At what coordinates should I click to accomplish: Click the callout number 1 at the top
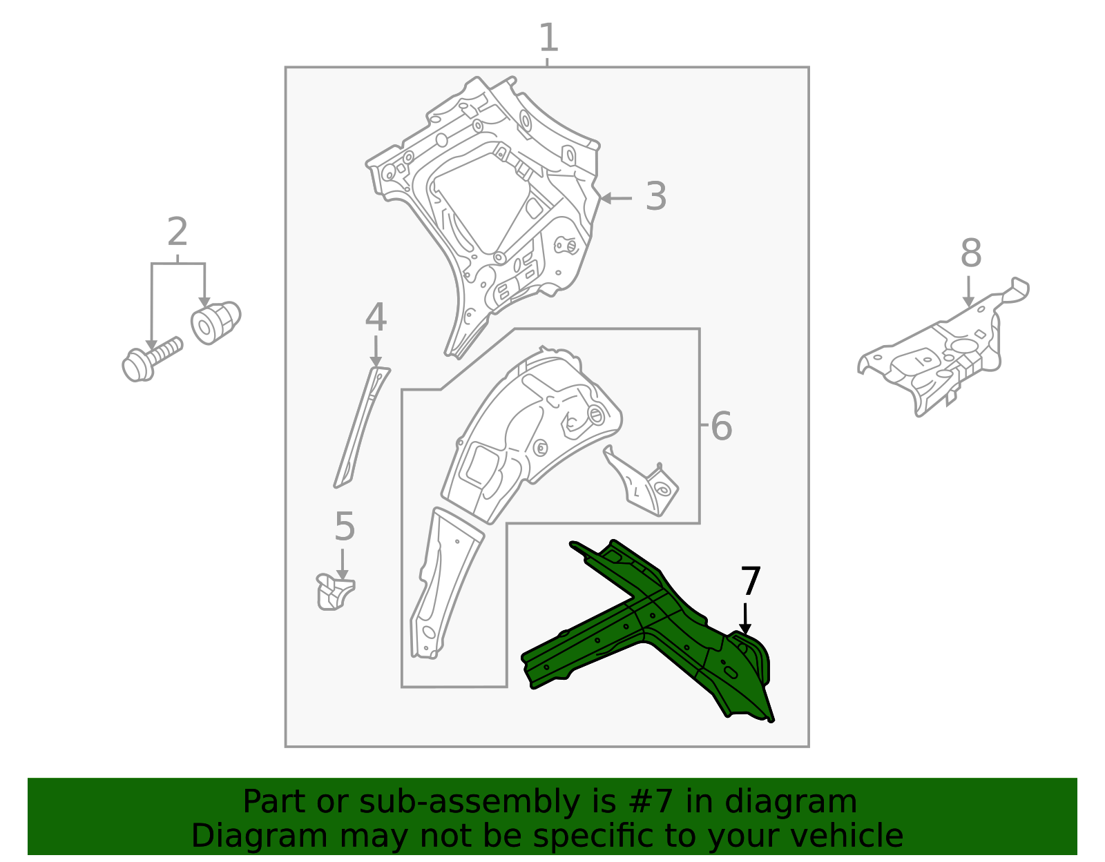coord(548,38)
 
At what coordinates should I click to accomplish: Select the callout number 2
coord(177,233)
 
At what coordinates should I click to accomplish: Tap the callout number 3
coord(655,197)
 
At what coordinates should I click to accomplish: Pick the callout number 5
coord(344,527)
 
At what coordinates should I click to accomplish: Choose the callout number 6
coord(721,427)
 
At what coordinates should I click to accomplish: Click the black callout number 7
coord(750,582)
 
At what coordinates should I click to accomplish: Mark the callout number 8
coord(970,254)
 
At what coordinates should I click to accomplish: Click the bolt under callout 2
coord(149,359)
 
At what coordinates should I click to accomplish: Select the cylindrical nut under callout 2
coord(215,322)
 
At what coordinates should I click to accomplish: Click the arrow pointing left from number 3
coord(615,198)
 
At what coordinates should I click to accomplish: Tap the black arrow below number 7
coord(744,618)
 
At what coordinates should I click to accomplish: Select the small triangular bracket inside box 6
coord(642,483)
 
